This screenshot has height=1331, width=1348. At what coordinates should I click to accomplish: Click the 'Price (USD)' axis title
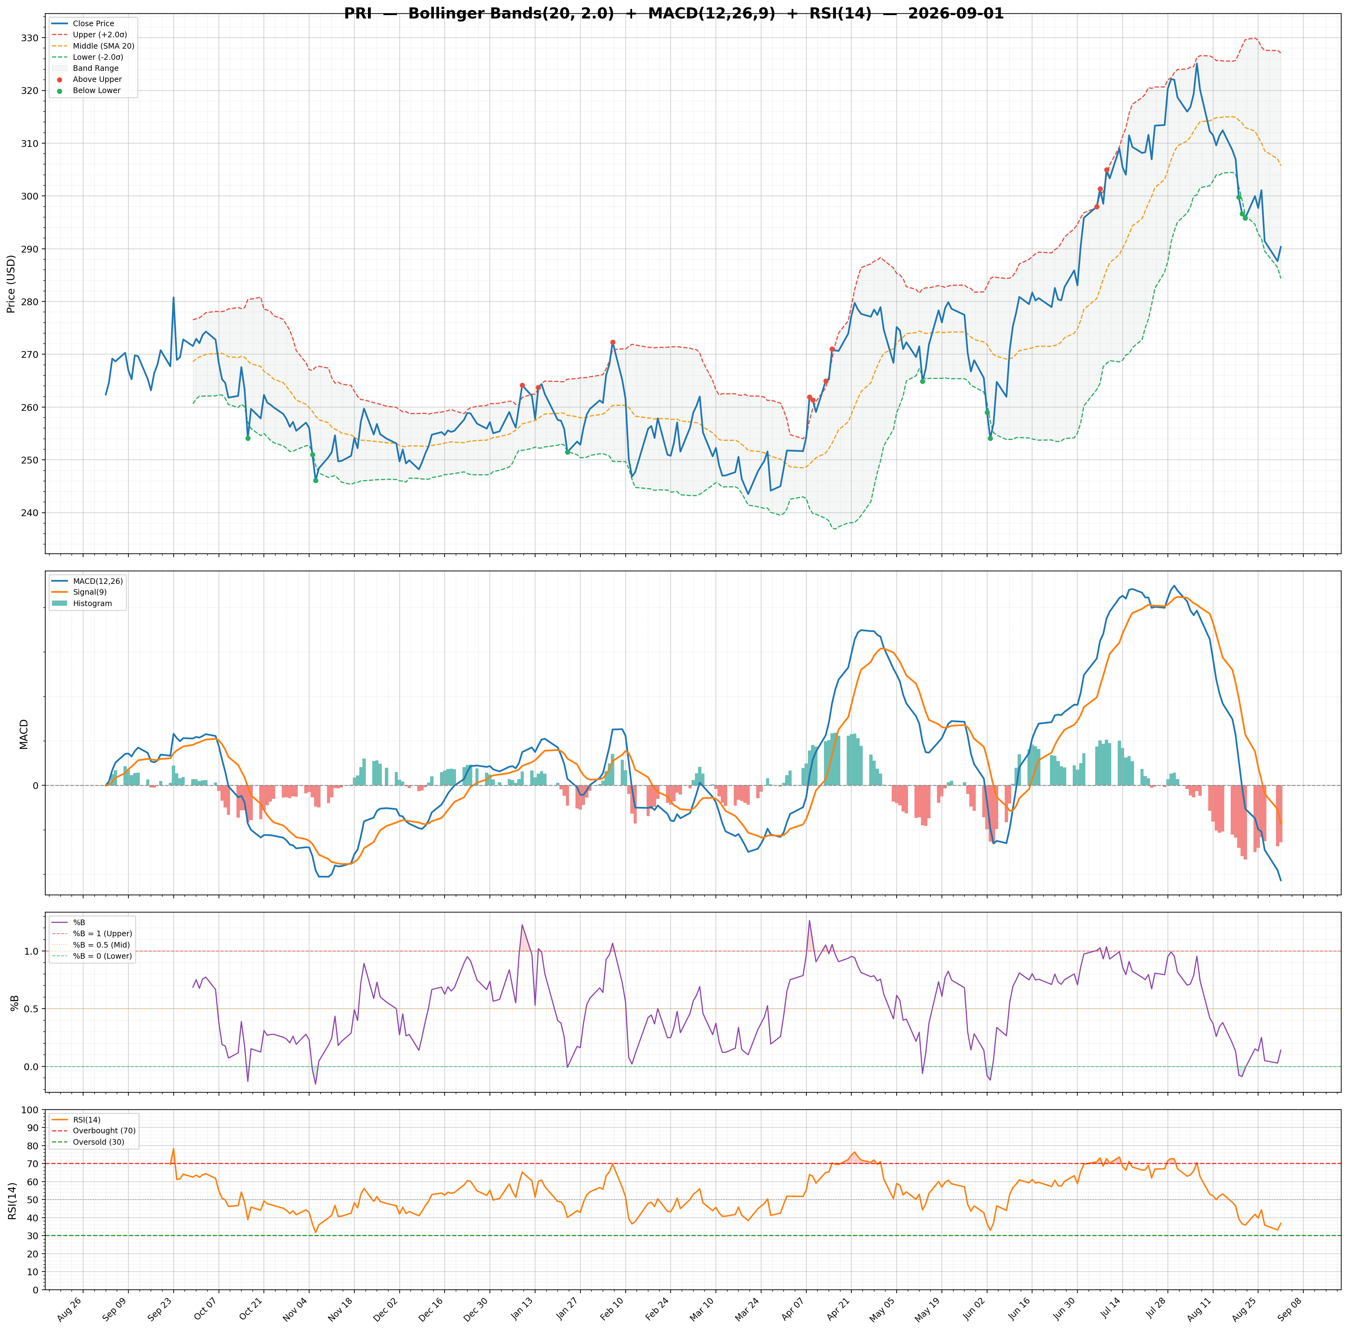(11, 284)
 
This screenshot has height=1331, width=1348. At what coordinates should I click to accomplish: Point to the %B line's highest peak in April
(809, 920)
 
